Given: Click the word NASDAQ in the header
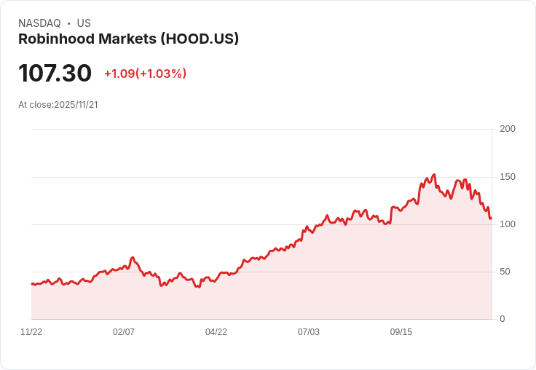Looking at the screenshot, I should click(x=39, y=23).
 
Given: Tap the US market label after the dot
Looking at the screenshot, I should click(x=84, y=23).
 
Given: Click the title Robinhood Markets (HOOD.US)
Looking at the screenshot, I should click(x=128, y=39).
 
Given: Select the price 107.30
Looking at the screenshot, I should click(x=55, y=73).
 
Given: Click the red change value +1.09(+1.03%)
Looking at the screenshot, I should click(x=145, y=74).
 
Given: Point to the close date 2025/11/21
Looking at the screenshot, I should click(x=76, y=105).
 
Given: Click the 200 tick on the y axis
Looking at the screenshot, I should click(x=508, y=129).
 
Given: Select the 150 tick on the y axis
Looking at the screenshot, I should click(x=508, y=177).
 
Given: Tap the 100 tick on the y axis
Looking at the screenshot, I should click(x=508, y=224).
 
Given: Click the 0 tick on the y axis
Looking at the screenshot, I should click(x=502, y=319).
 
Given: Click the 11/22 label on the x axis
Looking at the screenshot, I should click(x=31, y=332).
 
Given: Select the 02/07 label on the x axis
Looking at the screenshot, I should click(x=124, y=332).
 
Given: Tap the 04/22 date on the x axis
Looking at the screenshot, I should click(x=216, y=332).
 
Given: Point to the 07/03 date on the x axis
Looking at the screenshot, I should click(x=309, y=332).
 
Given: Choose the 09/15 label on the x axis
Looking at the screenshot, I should click(x=401, y=332).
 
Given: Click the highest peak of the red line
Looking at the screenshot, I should click(x=434, y=175).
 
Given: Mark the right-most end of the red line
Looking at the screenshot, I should click(x=491, y=218).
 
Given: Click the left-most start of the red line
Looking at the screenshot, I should click(x=32, y=283).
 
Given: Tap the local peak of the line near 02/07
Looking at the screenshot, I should click(x=133, y=257).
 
